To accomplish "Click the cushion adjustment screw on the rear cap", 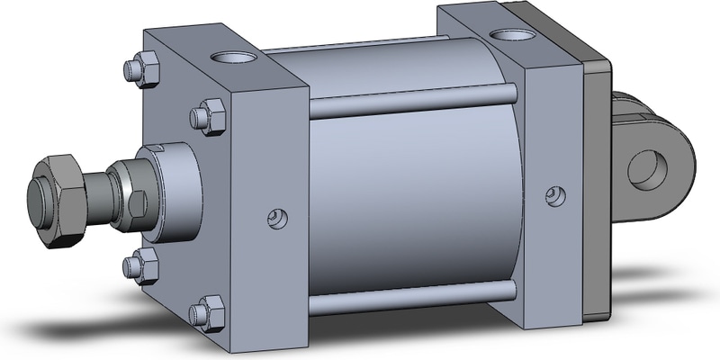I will coord(558,194).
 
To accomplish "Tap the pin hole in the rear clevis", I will coord(646,168).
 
